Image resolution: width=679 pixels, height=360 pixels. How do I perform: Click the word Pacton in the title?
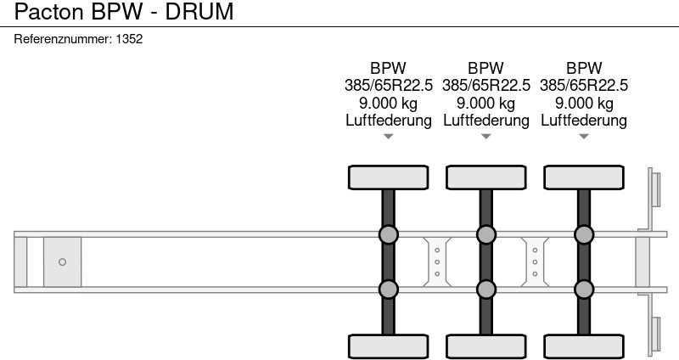(x=43, y=12)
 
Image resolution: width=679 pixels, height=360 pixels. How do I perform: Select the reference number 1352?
(x=129, y=38)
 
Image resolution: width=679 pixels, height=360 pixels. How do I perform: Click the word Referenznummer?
(x=63, y=38)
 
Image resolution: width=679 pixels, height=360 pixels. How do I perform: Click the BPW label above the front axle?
(x=388, y=68)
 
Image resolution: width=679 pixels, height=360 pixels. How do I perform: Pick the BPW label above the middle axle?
(x=485, y=68)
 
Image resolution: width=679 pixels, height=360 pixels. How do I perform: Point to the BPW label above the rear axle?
(x=584, y=68)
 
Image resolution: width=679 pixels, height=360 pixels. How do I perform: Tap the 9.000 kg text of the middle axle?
(x=485, y=103)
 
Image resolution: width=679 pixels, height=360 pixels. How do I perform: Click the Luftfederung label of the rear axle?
(x=584, y=121)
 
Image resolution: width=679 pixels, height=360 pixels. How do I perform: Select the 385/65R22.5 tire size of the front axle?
(x=388, y=86)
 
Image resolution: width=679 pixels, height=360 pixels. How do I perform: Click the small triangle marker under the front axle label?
(x=388, y=137)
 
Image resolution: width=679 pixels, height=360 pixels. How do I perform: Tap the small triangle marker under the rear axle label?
(x=584, y=137)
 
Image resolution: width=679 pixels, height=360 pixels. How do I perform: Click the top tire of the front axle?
(x=388, y=177)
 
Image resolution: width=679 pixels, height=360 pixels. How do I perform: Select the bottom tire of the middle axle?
(x=485, y=346)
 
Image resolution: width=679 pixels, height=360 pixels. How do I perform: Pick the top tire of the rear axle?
(x=584, y=177)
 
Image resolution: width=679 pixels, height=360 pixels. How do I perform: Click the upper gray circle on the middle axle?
(x=485, y=234)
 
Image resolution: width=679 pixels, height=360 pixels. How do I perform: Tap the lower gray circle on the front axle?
(x=388, y=290)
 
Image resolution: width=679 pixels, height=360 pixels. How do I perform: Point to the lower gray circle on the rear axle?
(x=584, y=290)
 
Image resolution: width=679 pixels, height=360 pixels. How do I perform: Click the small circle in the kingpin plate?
(x=62, y=262)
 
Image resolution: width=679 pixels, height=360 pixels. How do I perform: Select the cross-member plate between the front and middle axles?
(x=436, y=262)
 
